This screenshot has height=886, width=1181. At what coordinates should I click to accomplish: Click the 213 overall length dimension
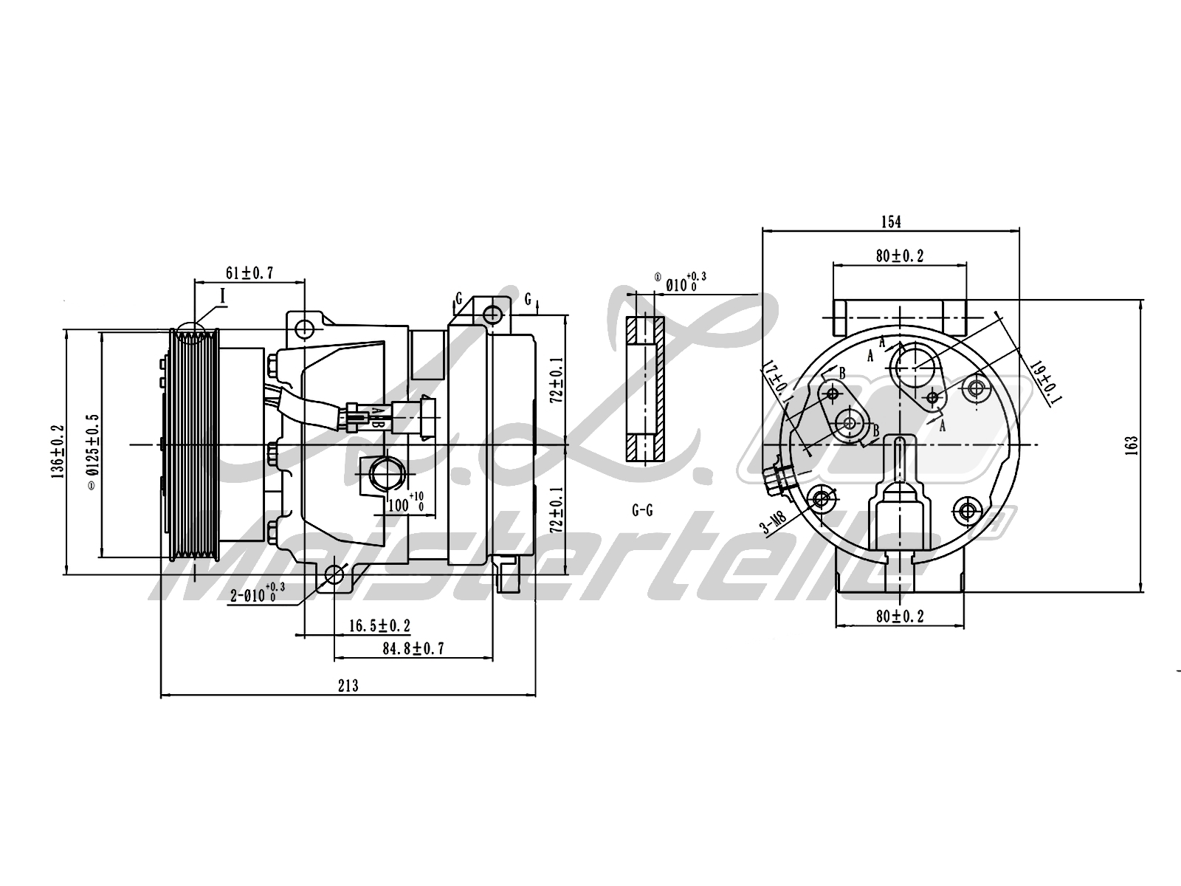point(348,686)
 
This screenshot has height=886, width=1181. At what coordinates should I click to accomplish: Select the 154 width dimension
point(891,221)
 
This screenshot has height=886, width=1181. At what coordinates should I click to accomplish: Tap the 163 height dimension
point(1133,444)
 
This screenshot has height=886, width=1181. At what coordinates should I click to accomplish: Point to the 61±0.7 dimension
point(249,273)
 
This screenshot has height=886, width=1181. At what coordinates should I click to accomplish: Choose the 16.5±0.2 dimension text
point(379,626)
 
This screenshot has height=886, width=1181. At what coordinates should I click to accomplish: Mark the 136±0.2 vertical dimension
point(57,450)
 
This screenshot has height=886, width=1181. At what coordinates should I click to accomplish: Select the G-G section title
point(642,510)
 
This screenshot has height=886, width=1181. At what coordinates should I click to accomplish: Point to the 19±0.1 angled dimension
point(1046,381)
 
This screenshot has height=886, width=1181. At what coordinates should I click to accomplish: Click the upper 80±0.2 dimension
point(899,255)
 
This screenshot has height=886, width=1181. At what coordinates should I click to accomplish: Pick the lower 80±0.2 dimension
point(899,617)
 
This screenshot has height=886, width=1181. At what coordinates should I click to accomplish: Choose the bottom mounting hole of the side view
point(334,574)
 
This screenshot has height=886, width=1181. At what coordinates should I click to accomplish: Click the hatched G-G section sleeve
point(644,389)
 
